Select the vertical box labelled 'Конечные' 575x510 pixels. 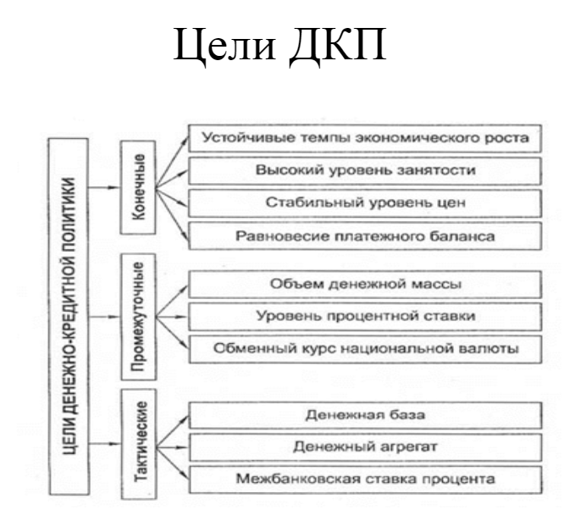pos(141,186)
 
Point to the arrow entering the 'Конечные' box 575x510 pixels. pos(109,185)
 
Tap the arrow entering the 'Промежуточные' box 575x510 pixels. pos(109,318)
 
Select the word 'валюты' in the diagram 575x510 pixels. pos(489,348)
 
